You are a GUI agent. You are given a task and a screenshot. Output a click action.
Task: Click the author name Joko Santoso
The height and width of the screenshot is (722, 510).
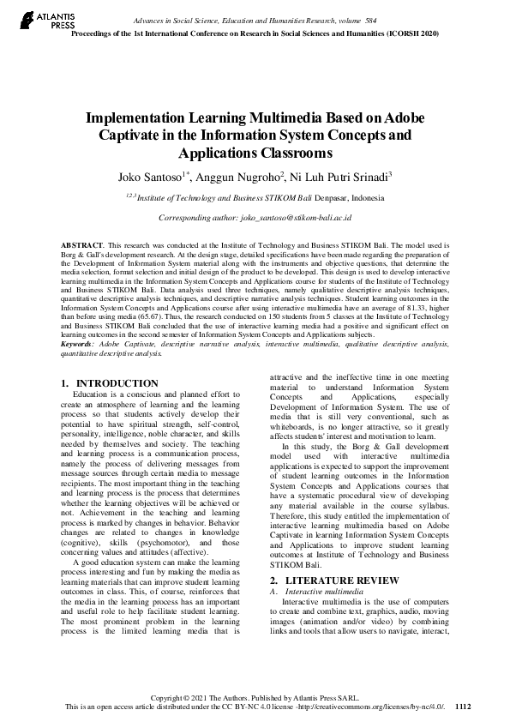click(x=148, y=177)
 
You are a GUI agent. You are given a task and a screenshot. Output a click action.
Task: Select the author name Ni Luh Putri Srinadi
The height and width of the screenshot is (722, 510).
click(x=341, y=177)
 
